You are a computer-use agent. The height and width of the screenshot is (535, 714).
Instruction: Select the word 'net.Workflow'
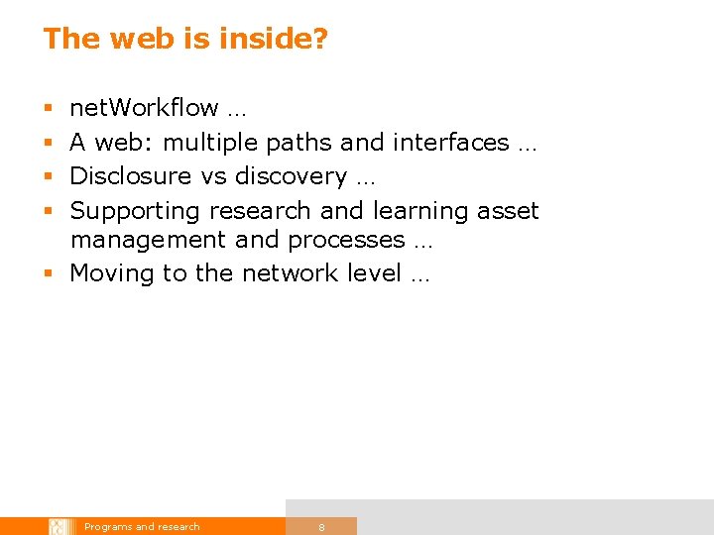click(x=144, y=108)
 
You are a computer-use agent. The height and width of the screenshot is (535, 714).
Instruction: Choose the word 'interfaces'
click(x=450, y=143)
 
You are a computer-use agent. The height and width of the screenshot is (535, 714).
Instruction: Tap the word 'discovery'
click(x=291, y=176)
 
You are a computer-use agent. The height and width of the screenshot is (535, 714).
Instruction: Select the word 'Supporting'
click(x=135, y=211)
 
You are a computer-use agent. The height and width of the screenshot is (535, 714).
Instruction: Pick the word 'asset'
click(x=508, y=211)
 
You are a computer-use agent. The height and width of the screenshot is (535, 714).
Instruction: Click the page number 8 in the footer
click(x=321, y=527)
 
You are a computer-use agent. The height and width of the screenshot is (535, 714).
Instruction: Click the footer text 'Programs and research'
click(x=142, y=527)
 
